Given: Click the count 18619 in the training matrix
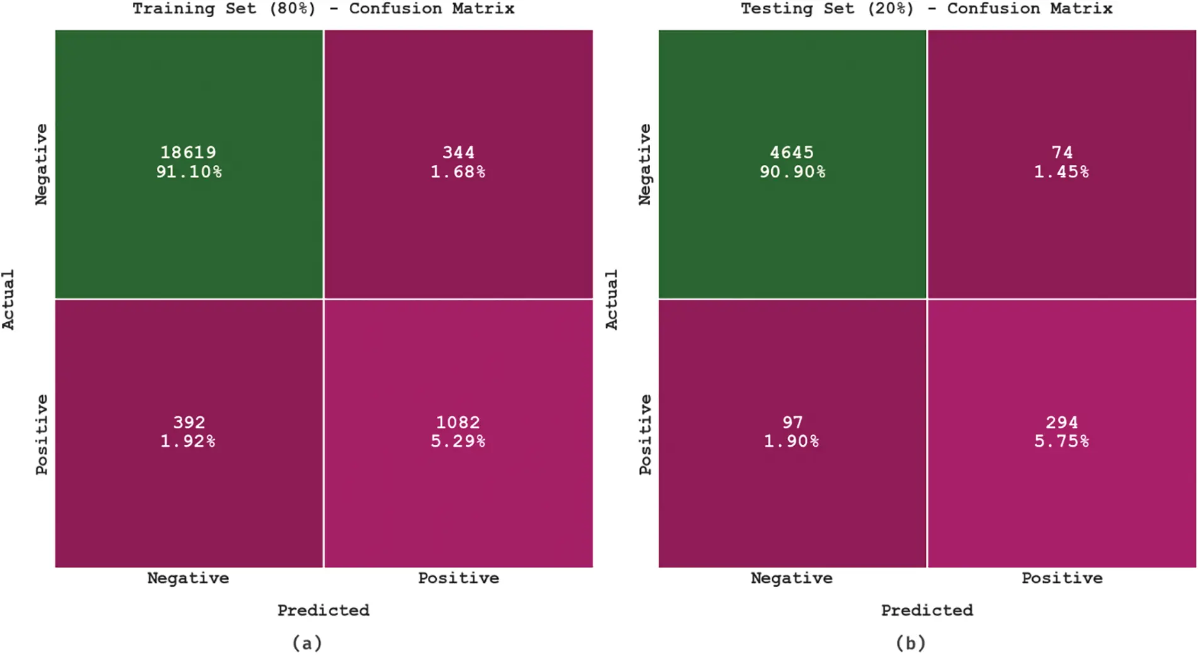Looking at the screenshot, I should (188, 152).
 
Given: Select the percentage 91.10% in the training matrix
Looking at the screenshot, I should (189, 172).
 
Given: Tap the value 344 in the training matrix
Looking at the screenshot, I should (458, 152).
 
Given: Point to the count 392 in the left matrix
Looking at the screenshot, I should (189, 422).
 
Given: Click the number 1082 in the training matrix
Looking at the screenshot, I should (458, 422).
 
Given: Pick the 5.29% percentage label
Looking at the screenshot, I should (458, 441).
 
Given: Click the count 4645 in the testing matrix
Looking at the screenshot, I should (792, 152).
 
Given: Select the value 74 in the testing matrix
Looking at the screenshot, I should (1062, 152).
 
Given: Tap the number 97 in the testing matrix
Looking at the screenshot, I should (792, 422).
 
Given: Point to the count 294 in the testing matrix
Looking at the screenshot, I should (1062, 422).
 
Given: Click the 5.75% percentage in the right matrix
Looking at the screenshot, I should (1062, 441).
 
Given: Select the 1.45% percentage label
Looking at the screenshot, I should (1062, 172).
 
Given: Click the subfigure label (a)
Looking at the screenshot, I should (307, 643).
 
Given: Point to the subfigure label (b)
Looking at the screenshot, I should (911, 643).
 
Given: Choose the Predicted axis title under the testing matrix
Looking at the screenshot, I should (926, 610).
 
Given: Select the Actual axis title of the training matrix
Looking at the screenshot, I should (8, 300).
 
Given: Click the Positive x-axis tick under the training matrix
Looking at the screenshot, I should (458, 578).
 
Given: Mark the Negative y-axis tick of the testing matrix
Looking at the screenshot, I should (645, 164).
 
